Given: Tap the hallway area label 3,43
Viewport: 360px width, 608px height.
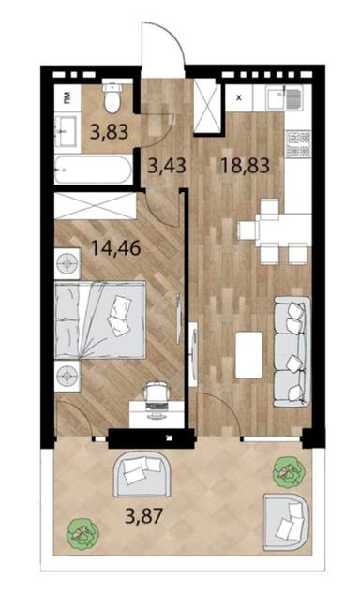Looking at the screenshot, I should [167, 166].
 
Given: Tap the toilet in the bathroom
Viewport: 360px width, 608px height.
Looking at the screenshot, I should [112, 97].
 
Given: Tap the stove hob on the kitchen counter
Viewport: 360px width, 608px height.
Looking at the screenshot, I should [297, 141].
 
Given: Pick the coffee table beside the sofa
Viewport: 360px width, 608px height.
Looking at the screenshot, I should [248, 354].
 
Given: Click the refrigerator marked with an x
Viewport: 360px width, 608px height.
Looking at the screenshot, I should [238, 98].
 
